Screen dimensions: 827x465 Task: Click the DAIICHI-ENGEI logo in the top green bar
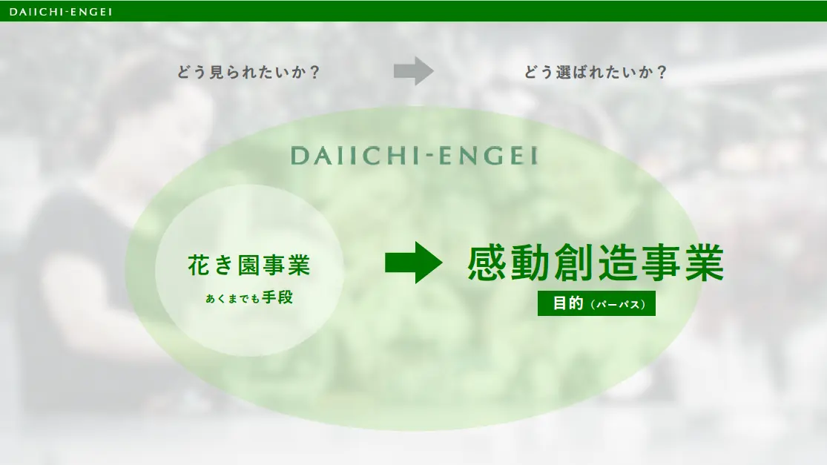(61, 12)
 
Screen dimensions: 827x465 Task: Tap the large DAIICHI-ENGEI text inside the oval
(414, 156)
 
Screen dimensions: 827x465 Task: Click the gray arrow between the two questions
(414, 70)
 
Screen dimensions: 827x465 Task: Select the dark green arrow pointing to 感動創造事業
(414, 263)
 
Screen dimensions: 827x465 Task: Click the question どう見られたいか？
(248, 72)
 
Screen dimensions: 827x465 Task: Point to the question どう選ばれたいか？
(596, 72)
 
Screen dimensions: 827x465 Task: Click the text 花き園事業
(249, 266)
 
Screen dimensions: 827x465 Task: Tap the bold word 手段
(277, 298)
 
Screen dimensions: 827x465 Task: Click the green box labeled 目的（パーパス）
(596, 303)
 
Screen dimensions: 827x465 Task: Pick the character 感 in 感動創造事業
(487, 262)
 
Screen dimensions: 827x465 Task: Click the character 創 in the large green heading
(574, 262)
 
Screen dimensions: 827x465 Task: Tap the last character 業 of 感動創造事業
(704, 262)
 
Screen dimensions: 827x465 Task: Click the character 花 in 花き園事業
(199, 266)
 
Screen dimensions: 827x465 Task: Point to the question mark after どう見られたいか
(315, 72)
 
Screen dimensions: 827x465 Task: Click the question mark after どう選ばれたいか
(662, 72)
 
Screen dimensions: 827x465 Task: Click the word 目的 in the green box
(568, 303)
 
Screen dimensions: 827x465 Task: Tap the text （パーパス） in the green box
(618, 304)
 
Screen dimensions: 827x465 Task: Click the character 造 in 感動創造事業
(618, 262)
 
